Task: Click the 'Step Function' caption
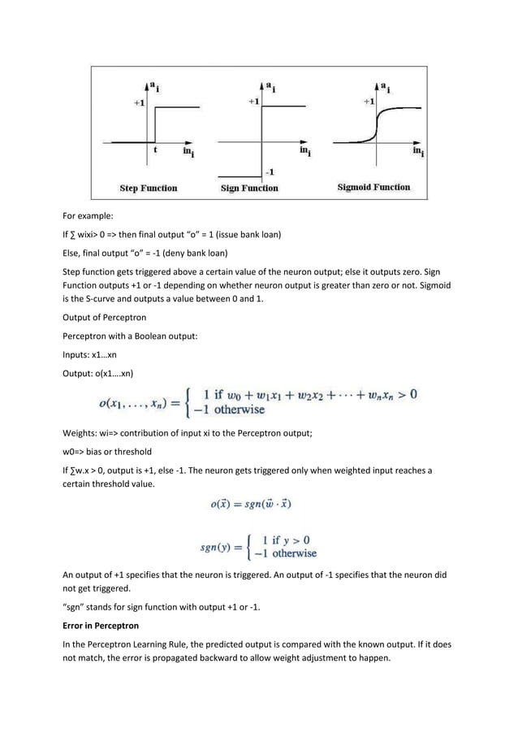149,188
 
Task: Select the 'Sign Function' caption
250,188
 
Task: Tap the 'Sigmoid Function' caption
373,187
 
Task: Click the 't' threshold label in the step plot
154,150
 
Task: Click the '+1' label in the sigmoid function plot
369,102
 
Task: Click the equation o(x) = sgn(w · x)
250,504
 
